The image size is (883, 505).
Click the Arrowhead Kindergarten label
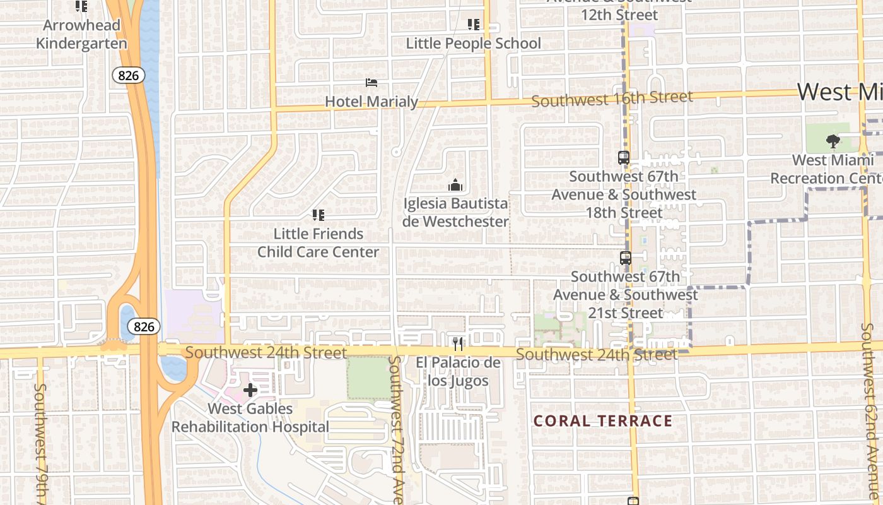coord(81,35)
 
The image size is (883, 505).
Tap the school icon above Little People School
coord(474,25)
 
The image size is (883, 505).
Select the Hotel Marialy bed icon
coord(371,83)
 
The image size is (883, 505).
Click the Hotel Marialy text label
coord(371,101)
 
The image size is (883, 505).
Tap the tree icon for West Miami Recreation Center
coord(833,141)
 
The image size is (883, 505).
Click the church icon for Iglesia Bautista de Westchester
coord(455,185)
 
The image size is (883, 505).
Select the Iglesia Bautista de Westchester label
coord(455,213)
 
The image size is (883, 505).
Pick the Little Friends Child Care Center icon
coord(319,215)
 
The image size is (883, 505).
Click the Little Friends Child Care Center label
coord(319,243)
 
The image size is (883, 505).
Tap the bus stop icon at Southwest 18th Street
coord(624,158)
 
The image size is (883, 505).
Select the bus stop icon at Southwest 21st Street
coord(625,258)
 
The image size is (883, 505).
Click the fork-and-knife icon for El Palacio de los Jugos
coord(458,343)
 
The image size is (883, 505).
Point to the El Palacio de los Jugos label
coord(458,372)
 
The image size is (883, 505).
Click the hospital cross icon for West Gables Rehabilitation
coord(250,390)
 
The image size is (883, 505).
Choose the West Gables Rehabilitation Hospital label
coord(250,418)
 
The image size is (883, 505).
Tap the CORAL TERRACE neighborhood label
coord(603,421)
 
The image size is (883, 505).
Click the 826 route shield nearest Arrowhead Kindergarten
coord(129,76)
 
